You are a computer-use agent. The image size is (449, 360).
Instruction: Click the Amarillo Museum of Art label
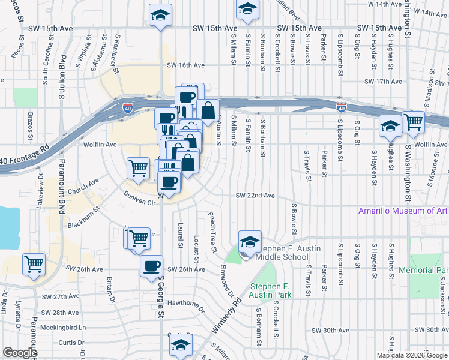pyautogui.click(x=403, y=211)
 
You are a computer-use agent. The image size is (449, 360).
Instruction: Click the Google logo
pyautogui.click(x=20, y=353)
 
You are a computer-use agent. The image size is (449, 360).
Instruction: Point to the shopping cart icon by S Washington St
pyautogui.click(x=413, y=122)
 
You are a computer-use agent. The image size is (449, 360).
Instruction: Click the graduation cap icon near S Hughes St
pyautogui.click(x=390, y=127)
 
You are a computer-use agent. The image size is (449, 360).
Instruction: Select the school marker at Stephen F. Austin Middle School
pyautogui.click(x=250, y=242)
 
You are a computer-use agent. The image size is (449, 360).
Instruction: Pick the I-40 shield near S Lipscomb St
pyautogui.click(x=342, y=107)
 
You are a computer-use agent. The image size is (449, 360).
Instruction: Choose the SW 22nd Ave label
pyautogui.click(x=255, y=196)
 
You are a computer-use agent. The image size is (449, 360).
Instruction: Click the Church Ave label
pyautogui.click(x=83, y=187)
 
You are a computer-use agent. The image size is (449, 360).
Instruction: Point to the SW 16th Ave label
pyautogui.click(x=186, y=65)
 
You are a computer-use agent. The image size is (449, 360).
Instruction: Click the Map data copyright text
pyautogui.click(x=411, y=355)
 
